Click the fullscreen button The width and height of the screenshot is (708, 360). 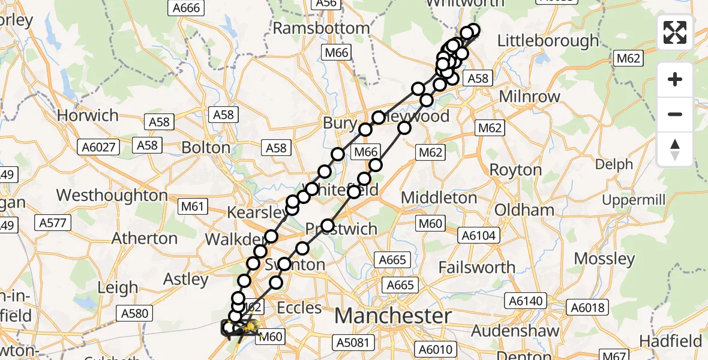point(675,32)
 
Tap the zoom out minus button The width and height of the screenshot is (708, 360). point(675,114)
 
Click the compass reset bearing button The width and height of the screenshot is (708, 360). point(675,149)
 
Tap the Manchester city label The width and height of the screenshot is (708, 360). point(393,315)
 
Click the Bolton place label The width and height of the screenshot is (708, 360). point(206,148)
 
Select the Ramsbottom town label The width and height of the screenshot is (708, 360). point(322,28)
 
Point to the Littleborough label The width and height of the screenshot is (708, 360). point(548,41)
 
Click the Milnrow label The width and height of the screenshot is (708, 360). point(520,97)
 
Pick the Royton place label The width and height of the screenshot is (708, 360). point(515,170)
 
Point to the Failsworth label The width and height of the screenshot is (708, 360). point(477,267)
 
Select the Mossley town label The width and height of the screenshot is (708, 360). point(604,259)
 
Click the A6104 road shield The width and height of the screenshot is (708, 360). point(478,236)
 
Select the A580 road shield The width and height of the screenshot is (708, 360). point(136,313)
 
